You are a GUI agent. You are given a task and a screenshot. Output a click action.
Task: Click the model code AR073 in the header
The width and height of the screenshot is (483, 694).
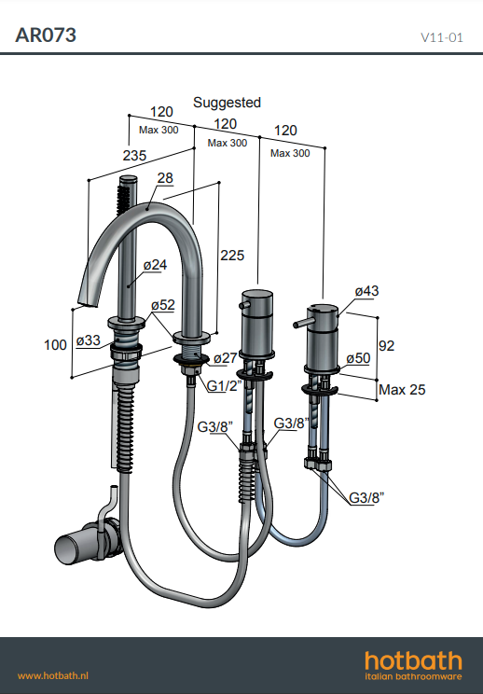pyautogui.click(x=46, y=35)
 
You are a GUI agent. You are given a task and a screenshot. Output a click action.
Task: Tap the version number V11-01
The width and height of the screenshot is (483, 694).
pyautogui.click(x=442, y=37)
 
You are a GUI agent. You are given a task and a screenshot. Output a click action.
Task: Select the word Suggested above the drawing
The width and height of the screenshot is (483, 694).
pyautogui.click(x=227, y=103)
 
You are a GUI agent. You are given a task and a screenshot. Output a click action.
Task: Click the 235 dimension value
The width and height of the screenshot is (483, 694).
pyautogui.click(x=134, y=156)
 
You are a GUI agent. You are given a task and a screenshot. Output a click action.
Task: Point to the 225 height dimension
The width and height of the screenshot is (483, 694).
pyautogui.click(x=232, y=256)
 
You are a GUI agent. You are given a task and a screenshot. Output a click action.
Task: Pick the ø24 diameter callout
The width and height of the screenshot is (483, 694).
pyautogui.click(x=155, y=265)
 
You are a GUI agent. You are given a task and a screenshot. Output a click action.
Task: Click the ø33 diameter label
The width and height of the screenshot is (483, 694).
pyautogui.click(x=88, y=340)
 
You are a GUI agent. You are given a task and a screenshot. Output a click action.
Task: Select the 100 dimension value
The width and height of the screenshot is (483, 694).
pyautogui.click(x=55, y=345)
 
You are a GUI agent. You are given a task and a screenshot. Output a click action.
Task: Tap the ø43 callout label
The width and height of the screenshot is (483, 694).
pyautogui.click(x=366, y=291)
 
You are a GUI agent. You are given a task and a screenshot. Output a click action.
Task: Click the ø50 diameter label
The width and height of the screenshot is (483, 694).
pyautogui.click(x=358, y=358)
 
